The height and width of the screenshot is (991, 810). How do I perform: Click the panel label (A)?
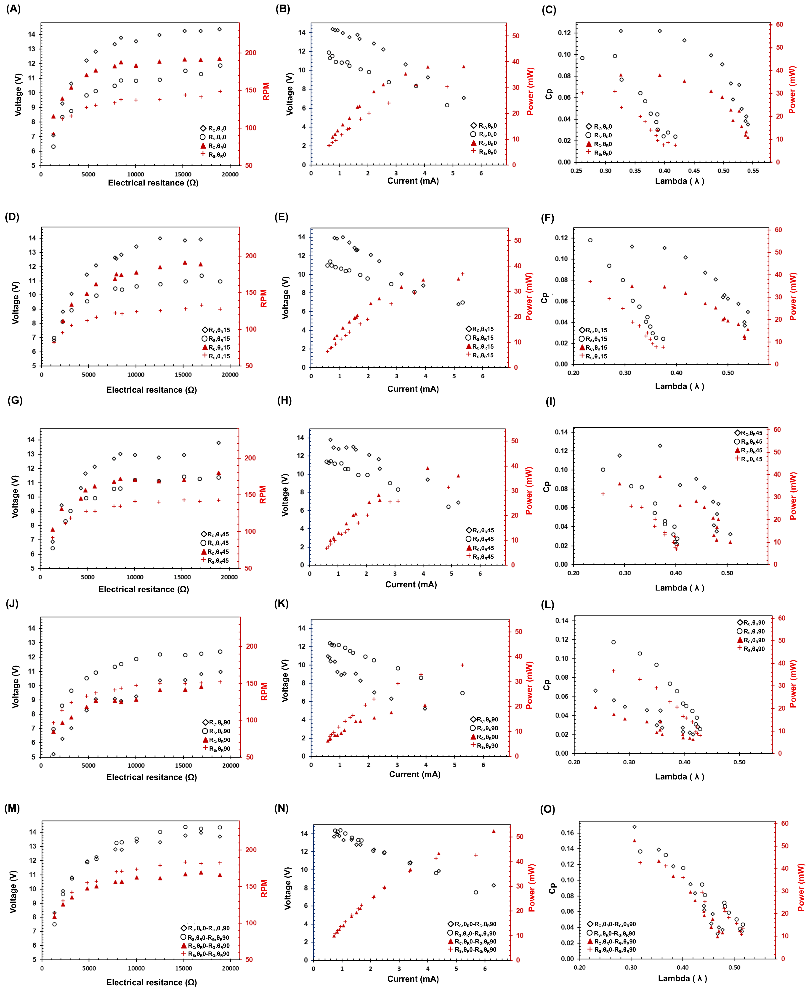(x=13, y=9)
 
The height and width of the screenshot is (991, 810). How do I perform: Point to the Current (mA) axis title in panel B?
(x=413, y=181)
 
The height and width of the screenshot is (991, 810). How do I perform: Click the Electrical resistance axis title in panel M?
(x=152, y=982)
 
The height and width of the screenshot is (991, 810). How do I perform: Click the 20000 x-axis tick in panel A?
(x=230, y=175)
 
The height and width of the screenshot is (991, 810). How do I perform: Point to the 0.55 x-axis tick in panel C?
(x=753, y=171)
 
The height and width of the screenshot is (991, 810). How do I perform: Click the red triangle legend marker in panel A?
(x=203, y=146)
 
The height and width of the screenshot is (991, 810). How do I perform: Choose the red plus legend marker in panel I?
(x=737, y=459)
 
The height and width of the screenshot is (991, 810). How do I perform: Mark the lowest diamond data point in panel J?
(x=54, y=754)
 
